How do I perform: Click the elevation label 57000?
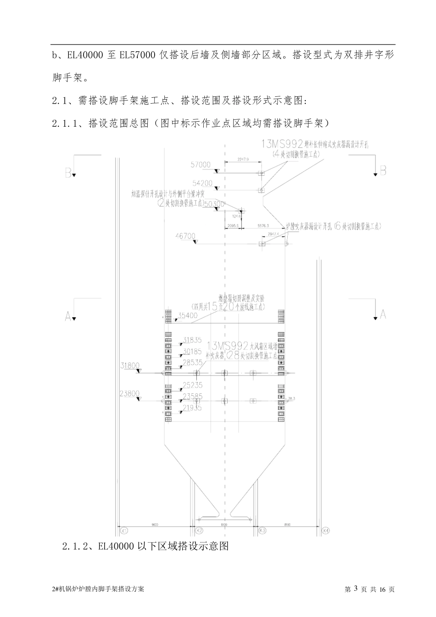[200, 164]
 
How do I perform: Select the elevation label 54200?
[202, 183]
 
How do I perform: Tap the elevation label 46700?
[185, 236]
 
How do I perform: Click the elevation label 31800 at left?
[130, 365]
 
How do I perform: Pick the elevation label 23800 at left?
[130, 393]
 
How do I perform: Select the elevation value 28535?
[192, 363]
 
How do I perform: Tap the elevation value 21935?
[192, 408]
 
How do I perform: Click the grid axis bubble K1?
[123, 531]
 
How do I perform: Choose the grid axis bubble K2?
[199, 531]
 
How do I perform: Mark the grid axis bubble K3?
[263, 531]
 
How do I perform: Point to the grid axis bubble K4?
[326, 531]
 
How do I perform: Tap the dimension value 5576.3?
[263, 226]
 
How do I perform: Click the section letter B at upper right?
[383, 170]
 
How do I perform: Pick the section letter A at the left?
[68, 316]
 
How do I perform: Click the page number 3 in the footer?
[355, 589]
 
